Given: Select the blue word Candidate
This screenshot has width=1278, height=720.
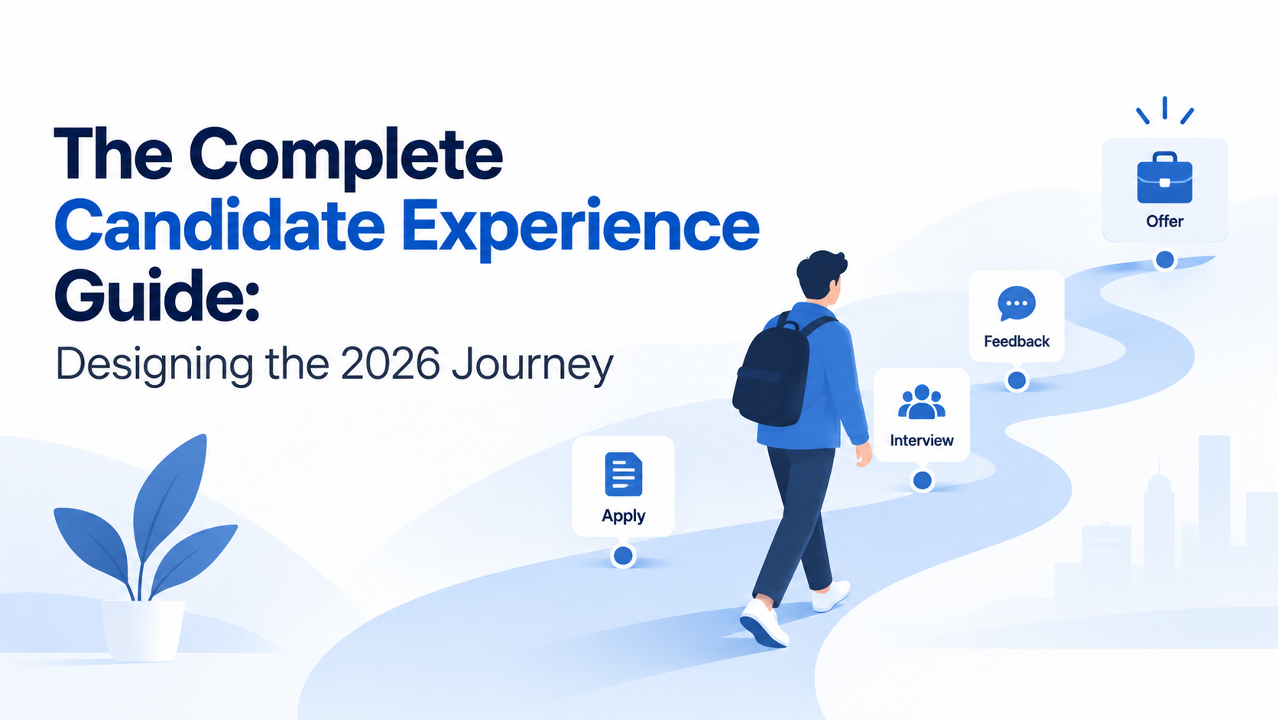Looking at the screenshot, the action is [x=219, y=226].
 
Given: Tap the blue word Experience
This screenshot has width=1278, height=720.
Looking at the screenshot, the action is [x=581, y=228].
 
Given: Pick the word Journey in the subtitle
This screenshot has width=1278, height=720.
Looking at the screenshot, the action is [x=533, y=366].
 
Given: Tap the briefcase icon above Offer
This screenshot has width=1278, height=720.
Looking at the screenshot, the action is [x=1164, y=178].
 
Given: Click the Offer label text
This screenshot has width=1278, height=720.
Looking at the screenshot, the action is [x=1164, y=221].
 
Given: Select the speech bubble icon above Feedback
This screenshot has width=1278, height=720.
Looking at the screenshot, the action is [x=1017, y=303].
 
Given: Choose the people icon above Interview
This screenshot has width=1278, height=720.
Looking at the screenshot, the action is [x=921, y=402].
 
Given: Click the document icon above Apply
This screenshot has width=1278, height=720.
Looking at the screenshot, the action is [x=623, y=474].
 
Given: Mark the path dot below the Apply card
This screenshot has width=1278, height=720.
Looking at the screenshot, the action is [x=623, y=555].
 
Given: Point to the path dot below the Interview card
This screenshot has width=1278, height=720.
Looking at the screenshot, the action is [x=922, y=481].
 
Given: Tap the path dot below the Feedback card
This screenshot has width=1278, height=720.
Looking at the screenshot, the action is [x=1017, y=380].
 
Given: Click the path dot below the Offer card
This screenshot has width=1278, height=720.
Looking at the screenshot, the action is [x=1164, y=260].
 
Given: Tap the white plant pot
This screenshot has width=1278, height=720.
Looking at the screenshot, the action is [x=142, y=630].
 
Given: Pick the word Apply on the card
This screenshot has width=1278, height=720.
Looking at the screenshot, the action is [x=623, y=516].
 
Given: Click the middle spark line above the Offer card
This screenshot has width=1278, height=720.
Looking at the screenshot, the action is [x=1164, y=108].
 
